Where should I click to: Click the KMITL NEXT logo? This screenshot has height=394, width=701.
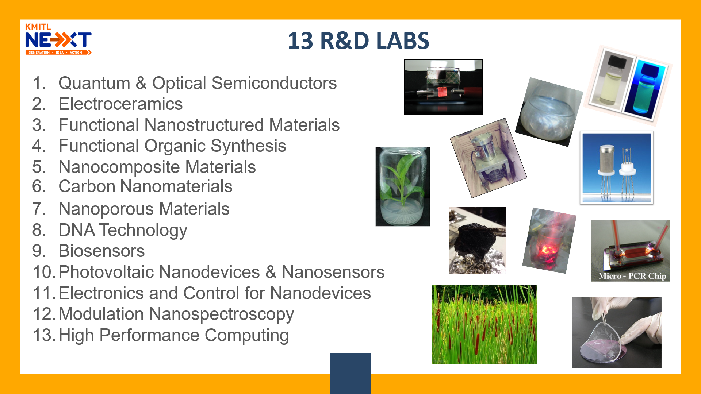pyautogui.click(x=58, y=39)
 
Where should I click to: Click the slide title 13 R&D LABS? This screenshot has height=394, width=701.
pyautogui.click(x=358, y=40)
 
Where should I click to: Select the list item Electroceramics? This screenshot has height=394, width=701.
pyautogui.click(x=120, y=104)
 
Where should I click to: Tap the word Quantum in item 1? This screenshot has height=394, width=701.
pyautogui.click(x=94, y=83)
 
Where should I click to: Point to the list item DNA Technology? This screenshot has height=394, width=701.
pyautogui.click(x=123, y=231)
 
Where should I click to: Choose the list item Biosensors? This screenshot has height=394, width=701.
pyautogui.click(x=101, y=251)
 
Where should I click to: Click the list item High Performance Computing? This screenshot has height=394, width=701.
pyautogui.click(x=174, y=336)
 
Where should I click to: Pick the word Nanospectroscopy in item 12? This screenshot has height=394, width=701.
pyautogui.click(x=222, y=315)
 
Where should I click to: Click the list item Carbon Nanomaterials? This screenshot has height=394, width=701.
pyautogui.click(x=145, y=186)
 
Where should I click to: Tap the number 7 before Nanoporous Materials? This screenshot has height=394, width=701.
pyautogui.click(x=39, y=209)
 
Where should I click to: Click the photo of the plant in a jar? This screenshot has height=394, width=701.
pyautogui.click(x=403, y=187)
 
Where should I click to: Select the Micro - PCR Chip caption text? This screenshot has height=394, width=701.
pyautogui.click(x=632, y=276)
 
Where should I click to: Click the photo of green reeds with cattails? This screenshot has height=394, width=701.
pyautogui.click(x=484, y=325)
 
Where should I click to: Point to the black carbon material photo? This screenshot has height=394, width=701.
pyautogui.click(x=477, y=241)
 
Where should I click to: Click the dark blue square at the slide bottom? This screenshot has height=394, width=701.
pyautogui.click(x=350, y=373)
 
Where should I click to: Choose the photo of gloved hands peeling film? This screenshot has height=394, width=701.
pyautogui.click(x=617, y=332)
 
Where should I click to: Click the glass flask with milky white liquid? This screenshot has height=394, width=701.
pyautogui.click(x=549, y=112)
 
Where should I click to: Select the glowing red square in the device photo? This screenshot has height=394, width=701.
pyautogui.click(x=443, y=91)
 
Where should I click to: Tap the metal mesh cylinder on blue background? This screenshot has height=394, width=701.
pyautogui.click(x=606, y=160)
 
